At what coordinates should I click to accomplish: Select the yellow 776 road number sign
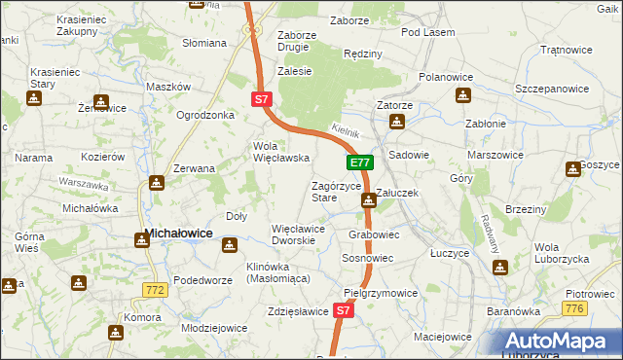pos(576,308)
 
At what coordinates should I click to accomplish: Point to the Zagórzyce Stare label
pos(337,192)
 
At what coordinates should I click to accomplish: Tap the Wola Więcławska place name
pos(280,152)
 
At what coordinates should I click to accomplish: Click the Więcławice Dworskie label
pos(303,234)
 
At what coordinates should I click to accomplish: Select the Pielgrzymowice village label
pos(381,293)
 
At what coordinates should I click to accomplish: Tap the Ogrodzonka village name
pos(205,115)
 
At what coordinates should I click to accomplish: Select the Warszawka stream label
pos(82,182)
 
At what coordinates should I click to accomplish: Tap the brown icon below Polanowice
pos(463,95)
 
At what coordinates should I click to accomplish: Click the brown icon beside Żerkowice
pos(99,100)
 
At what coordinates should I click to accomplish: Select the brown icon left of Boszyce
pos(571,169)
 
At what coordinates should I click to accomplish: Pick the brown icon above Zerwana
pos(158,183)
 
